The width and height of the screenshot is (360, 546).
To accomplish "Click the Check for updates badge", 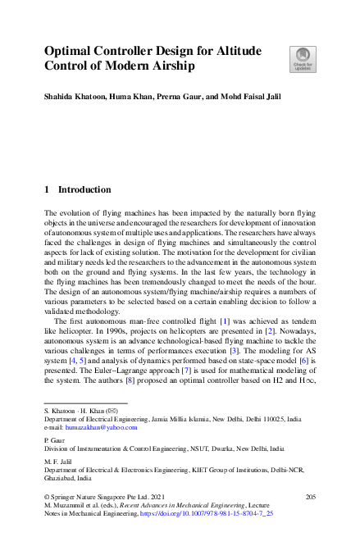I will click(301, 58).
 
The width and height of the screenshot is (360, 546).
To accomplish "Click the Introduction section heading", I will click(84, 189).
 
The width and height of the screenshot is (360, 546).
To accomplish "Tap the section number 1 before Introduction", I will click(47, 189).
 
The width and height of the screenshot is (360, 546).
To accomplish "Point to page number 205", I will click(310, 498).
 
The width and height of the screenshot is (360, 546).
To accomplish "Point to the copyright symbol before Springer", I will click(47, 498).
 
